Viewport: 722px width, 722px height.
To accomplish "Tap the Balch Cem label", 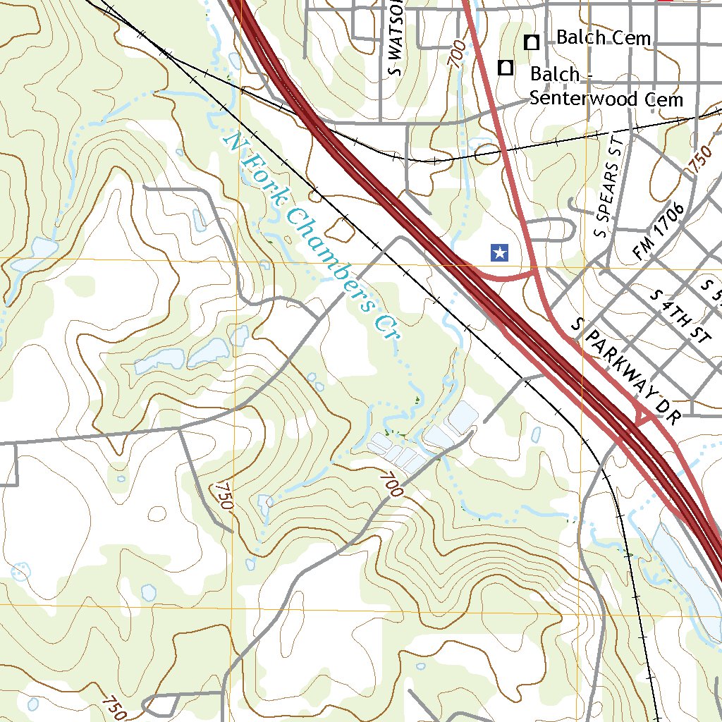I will tap(603, 37).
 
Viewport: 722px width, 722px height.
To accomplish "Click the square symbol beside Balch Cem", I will tap(532, 42).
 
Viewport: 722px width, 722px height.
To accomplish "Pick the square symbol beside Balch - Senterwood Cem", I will tap(506, 68).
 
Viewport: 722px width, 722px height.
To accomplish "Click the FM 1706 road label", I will tap(659, 232).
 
